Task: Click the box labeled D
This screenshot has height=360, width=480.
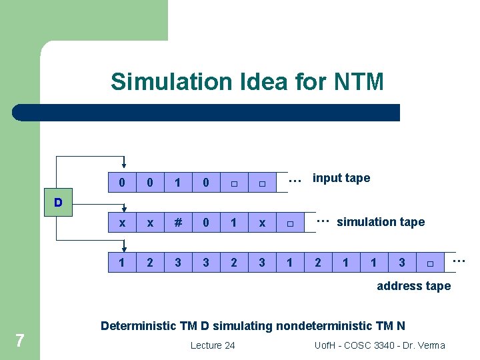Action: (x=59, y=202)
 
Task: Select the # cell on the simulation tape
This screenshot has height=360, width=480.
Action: (x=178, y=223)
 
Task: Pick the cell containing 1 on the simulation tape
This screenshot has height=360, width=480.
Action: (x=234, y=223)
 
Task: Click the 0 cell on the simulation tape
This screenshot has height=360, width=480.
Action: (x=206, y=223)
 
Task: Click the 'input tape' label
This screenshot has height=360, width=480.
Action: (x=341, y=178)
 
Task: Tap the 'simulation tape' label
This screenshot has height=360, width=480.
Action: (x=381, y=222)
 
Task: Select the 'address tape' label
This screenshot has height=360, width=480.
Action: (x=413, y=286)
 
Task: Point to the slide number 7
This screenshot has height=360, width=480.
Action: (x=20, y=341)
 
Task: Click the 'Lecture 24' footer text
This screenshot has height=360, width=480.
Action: (x=213, y=345)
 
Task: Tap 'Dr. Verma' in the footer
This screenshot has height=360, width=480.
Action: (x=425, y=345)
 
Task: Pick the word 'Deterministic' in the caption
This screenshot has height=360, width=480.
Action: (x=137, y=326)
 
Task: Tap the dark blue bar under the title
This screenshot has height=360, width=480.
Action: (x=207, y=113)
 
